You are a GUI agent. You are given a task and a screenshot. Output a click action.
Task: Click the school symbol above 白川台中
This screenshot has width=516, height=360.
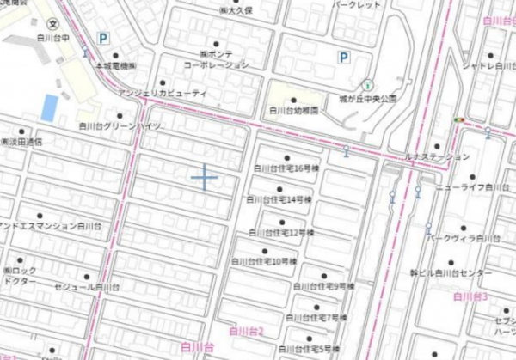point(54,23)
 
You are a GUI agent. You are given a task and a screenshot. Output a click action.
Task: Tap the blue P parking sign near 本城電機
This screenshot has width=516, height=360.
point(103,38)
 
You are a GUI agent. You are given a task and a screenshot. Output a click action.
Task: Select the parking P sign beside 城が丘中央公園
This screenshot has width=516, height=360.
point(343,58)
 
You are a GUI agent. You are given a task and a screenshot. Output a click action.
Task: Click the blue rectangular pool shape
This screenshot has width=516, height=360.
point(50,107)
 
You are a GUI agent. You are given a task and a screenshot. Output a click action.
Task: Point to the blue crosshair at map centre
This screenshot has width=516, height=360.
point(205,176)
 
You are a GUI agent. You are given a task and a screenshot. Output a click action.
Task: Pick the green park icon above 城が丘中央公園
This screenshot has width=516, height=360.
point(368,85)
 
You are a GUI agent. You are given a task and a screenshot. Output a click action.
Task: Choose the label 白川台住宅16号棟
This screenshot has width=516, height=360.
point(281,169)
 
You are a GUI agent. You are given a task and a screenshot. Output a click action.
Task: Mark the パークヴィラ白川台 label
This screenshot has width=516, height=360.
point(464,237)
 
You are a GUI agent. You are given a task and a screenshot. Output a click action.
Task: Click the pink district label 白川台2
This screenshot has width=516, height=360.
point(245,330)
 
